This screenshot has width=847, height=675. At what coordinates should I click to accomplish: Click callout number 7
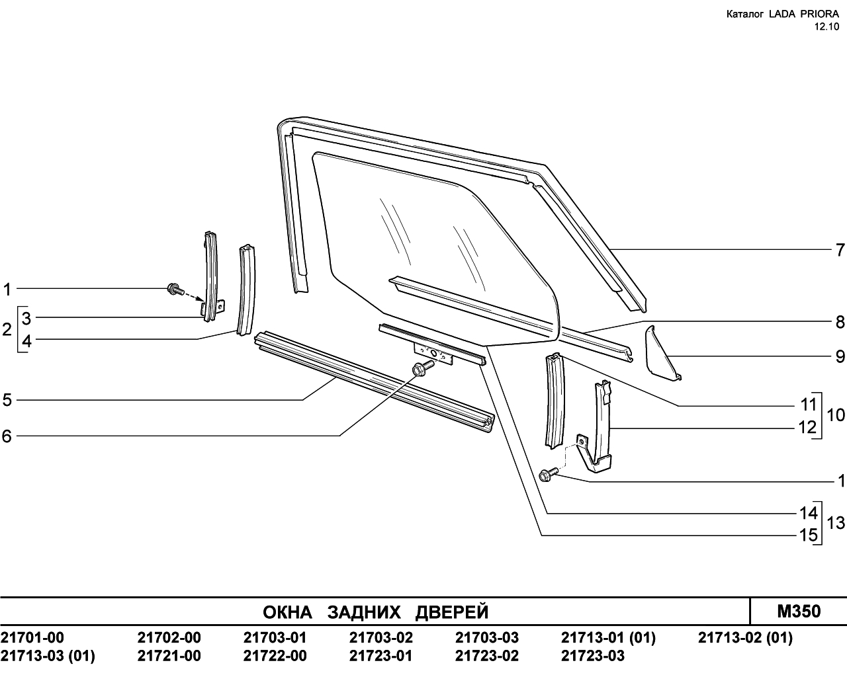(840, 250)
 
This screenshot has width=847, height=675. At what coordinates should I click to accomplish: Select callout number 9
(840, 357)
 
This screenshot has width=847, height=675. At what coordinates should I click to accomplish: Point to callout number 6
(7, 436)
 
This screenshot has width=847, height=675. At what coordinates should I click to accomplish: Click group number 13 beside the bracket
(836, 523)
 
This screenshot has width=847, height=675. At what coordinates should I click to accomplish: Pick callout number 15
(809, 535)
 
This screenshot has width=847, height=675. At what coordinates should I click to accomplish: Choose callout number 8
(840, 323)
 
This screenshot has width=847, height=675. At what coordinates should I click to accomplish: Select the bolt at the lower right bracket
(549, 473)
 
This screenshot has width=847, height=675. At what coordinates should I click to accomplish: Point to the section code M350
(799, 612)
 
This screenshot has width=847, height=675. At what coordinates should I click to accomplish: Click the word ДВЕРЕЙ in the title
(452, 612)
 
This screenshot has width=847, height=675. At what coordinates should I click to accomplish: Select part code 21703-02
(381, 637)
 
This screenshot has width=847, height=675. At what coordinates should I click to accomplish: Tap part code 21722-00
(275, 656)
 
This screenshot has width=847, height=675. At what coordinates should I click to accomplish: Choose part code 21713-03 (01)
(48, 656)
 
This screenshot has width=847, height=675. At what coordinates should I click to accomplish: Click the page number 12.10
(826, 26)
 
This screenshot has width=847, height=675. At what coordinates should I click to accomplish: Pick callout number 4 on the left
(26, 340)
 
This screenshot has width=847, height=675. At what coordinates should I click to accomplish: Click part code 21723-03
(593, 656)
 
